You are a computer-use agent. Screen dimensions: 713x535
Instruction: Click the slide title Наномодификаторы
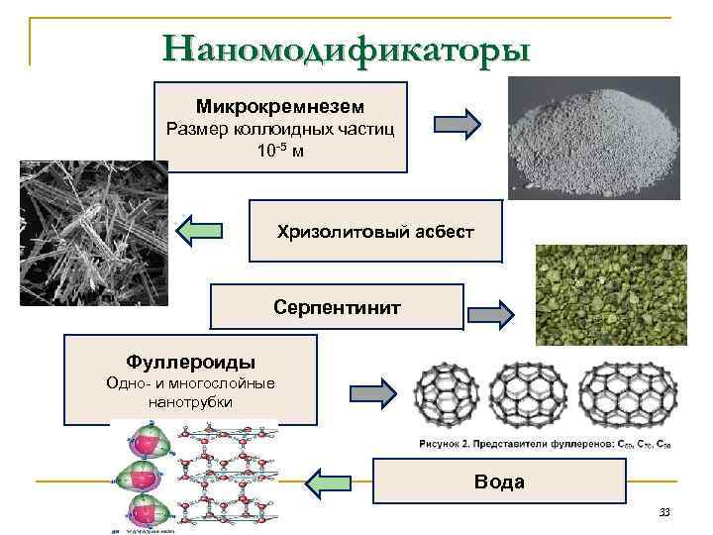(347, 47)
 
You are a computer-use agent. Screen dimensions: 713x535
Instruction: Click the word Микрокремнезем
(280, 105)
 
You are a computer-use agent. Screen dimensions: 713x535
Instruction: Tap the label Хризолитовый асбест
(375, 231)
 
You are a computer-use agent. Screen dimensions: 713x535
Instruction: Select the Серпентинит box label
(338, 307)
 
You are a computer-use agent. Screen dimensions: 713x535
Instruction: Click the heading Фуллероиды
(191, 360)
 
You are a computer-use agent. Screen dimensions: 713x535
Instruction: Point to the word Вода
(500, 481)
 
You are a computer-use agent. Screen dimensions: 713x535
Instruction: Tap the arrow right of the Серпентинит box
(490, 316)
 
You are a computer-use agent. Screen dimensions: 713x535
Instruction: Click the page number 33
(663, 512)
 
